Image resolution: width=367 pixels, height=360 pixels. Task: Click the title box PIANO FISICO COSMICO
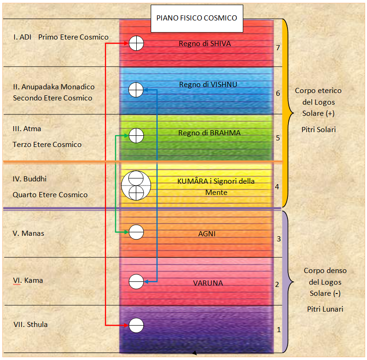197,19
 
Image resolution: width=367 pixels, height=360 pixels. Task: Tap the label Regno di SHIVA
205,44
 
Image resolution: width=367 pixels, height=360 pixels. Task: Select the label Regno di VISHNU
208,85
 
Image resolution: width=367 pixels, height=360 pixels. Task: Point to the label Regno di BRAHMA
209,133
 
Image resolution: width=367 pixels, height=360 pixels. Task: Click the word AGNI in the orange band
207,234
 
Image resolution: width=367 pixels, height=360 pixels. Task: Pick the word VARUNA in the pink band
208,283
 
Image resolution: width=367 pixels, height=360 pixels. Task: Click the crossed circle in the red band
136,43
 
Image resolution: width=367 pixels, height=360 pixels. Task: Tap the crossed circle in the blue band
136,90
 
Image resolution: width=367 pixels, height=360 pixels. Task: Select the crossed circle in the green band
136,135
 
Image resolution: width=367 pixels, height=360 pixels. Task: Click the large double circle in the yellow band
136,186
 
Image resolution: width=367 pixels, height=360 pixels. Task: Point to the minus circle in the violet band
136,326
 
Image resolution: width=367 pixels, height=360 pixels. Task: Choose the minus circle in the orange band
136,232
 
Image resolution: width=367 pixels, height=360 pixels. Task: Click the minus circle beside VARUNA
136,281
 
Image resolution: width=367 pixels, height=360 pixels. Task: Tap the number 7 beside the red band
278,48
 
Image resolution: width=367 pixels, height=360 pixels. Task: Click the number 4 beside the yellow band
277,187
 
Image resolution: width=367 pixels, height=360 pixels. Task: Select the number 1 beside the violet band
279,330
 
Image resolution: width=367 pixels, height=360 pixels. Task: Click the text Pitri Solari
319,129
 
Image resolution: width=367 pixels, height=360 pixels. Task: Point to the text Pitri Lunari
325,309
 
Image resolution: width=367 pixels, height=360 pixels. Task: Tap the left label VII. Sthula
30,325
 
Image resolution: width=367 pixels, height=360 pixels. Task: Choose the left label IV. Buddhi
29,179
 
